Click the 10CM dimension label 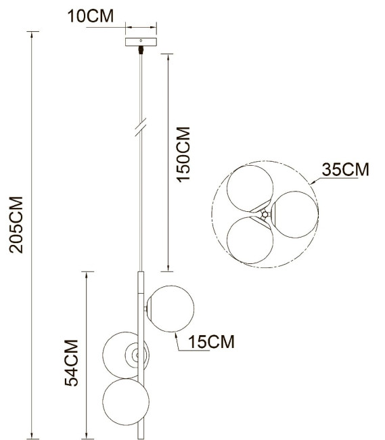coord(91,16)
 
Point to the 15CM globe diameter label coord(212,342)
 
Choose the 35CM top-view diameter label coord(345,169)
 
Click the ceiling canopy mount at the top coord(141,41)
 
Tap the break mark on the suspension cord coord(141,128)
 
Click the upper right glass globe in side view coord(172,309)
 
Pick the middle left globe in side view coord(122,354)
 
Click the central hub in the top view coord(265,215)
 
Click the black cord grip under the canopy coord(141,49)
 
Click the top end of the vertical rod coord(141,273)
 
